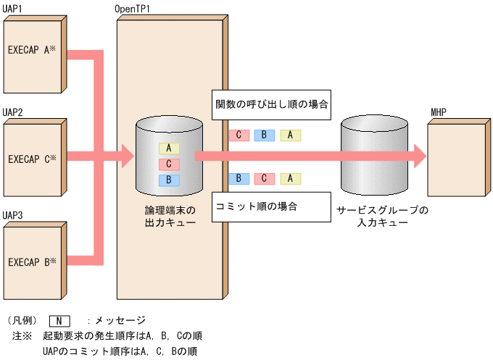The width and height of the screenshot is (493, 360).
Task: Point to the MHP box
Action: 457,154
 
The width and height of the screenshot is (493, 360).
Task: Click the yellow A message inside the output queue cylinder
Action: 169,148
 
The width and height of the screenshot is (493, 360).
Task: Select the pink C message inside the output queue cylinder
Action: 169,164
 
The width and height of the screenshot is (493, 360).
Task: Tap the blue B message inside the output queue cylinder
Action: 169,180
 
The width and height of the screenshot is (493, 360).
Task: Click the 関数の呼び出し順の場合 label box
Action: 273,104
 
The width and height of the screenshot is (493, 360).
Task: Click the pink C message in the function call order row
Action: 239,135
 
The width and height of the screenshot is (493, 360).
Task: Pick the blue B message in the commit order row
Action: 239,178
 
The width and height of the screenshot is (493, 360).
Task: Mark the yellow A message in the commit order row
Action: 290,178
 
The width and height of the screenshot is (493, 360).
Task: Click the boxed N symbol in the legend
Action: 59,320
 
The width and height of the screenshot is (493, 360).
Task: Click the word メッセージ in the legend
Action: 120,320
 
